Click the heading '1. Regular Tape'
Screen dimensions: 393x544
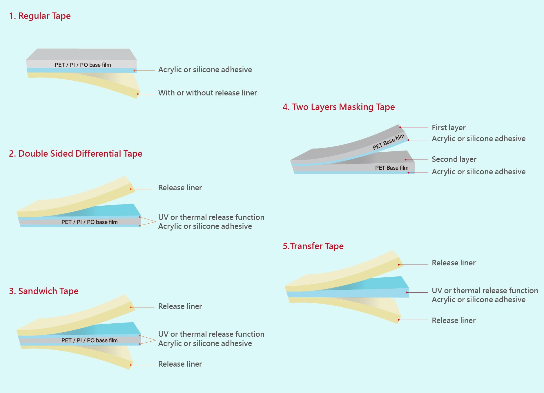pos(40,16)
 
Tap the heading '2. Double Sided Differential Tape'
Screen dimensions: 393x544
pos(75,153)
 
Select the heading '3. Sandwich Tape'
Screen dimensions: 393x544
pos(43,291)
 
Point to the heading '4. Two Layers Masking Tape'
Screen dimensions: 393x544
pos(338,107)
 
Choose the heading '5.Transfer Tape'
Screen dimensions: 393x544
pos(313,246)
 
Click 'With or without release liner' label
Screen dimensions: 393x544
pos(207,93)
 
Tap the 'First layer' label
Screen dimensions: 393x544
pos(448,128)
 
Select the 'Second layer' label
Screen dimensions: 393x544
pos(454,159)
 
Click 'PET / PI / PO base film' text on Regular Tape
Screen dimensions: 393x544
pos(83,65)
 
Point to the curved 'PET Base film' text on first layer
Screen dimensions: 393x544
pos(388,142)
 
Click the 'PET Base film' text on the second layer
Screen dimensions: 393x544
pos(391,168)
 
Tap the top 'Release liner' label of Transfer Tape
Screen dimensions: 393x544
pos(454,263)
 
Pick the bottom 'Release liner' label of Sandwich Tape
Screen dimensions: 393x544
pos(180,364)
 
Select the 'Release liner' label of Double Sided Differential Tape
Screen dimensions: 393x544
pos(180,188)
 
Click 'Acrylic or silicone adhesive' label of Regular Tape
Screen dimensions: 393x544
pos(205,70)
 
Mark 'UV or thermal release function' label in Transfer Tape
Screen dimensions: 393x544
pos(485,291)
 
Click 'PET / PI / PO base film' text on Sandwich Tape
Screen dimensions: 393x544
pos(89,340)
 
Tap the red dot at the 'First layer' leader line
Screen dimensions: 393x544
pos(400,127)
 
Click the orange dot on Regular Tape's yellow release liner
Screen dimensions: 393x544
pos(138,94)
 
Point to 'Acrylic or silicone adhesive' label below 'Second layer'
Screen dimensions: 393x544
pos(478,172)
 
